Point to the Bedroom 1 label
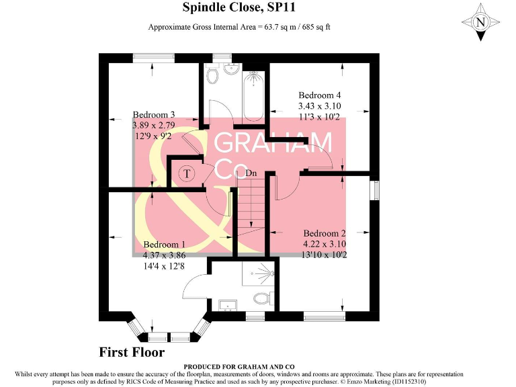tap(165, 245)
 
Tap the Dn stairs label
tap(251, 174)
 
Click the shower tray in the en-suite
tap(259, 275)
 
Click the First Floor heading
tap(132, 352)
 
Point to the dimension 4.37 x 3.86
tap(165, 255)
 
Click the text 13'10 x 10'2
tap(324, 255)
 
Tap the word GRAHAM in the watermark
tap(273, 142)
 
